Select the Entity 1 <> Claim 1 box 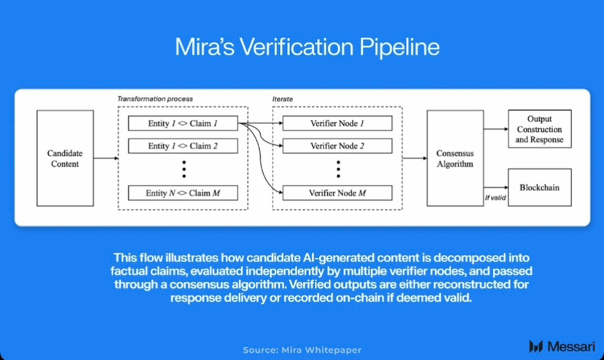pos(183,123)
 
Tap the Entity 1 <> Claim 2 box pos(183,146)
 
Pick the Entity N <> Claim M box pos(183,193)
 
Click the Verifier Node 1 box pos(337,123)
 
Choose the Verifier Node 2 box pos(337,146)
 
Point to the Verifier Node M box pos(337,193)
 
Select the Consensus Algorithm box pos(455,158)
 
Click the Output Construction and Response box pos(539,129)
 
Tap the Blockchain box pos(539,187)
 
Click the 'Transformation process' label pos(156,98)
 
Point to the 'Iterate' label pos(282,98)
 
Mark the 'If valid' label pos(495,197)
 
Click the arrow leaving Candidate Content pos(106,158)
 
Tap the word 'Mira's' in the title pos(206,47)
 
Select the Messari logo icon pos(536,346)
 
